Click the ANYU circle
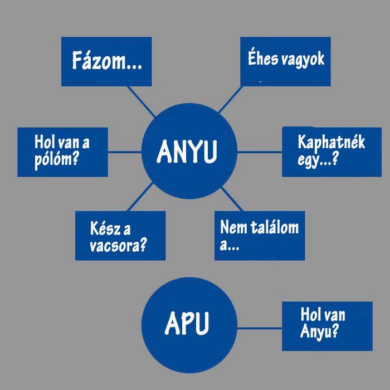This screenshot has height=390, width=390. click(x=189, y=151)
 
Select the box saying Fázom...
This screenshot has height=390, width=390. click(x=106, y=61)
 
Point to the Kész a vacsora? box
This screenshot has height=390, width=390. click(x=120, y=235)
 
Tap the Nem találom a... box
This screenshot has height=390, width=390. click(x=260, y=235)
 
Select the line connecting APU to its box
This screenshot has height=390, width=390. click(x=260, y=327)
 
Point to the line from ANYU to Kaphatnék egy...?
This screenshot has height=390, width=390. click(x=260, y=152)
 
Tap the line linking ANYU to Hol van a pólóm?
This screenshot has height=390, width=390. click(x=124, y=151)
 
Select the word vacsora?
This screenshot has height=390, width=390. click(x=118, y=246)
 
